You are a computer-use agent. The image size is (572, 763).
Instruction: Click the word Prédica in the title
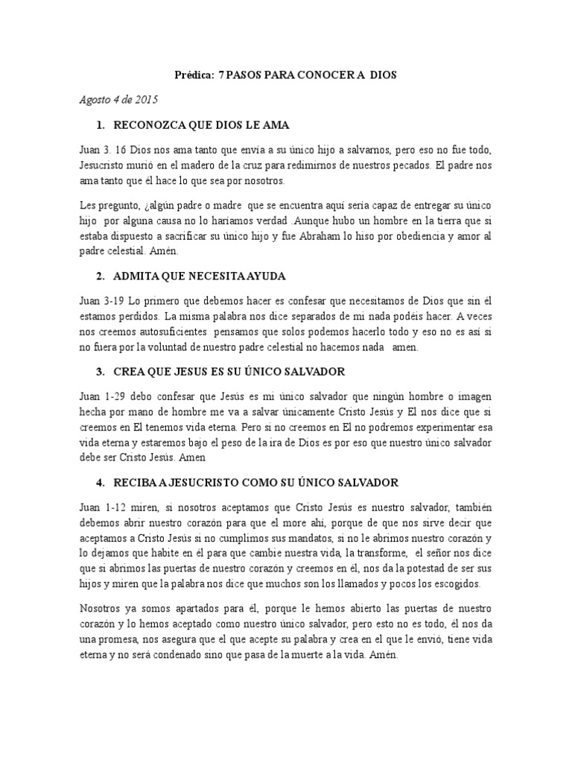coord(194,75)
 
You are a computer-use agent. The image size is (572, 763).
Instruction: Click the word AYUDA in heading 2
coord(259,276)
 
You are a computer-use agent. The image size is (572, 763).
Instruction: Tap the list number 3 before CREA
coord(100,370)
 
